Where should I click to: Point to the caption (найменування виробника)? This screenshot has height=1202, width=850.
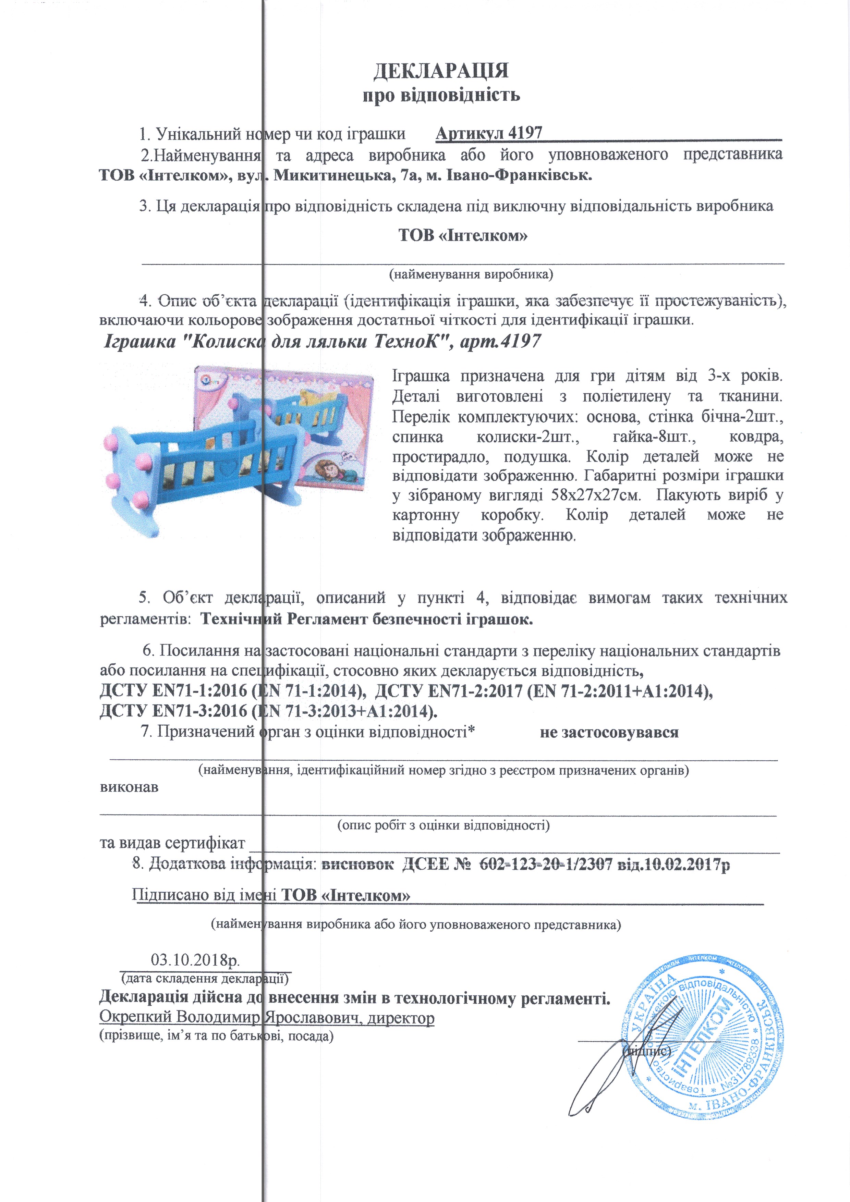(470, 274)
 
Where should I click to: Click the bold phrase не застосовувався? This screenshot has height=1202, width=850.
(609, 732)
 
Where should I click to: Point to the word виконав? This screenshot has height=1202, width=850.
(129, 787)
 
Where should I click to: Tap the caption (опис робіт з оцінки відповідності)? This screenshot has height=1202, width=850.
(443, 825)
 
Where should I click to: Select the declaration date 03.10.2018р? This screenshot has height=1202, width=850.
(195, 960)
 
